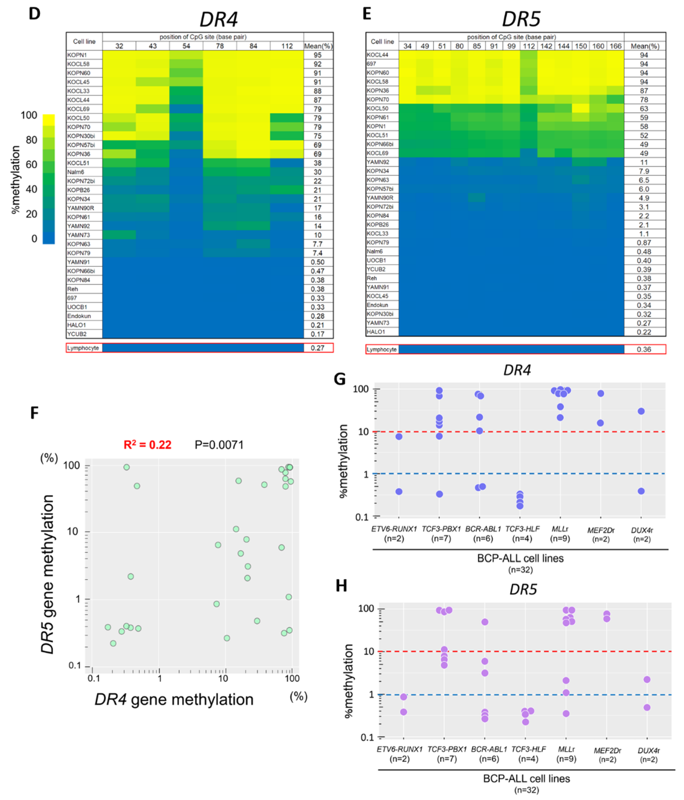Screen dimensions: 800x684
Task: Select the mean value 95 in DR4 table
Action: click(317, 55)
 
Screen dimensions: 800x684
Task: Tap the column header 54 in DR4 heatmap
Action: click(186, 46)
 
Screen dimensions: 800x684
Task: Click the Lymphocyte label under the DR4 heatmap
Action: click(83, 348)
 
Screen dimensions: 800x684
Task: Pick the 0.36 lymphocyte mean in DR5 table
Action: click(644, 350)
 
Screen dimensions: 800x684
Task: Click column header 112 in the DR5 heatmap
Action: click(529, 46)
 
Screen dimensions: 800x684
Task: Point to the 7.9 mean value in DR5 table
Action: click(644, 171)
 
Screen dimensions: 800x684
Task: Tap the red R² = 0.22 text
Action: click(147, 445)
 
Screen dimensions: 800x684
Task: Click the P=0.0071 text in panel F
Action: click(219, 445)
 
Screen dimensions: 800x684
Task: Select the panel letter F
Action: click(35, 413)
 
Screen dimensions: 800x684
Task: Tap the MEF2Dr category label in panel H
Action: click(607, 751)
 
